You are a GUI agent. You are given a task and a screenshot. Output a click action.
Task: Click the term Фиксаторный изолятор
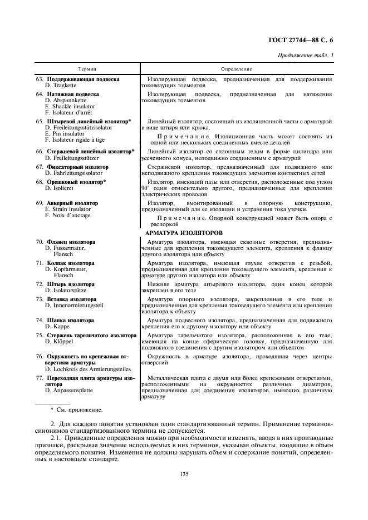tap(77, 167)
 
